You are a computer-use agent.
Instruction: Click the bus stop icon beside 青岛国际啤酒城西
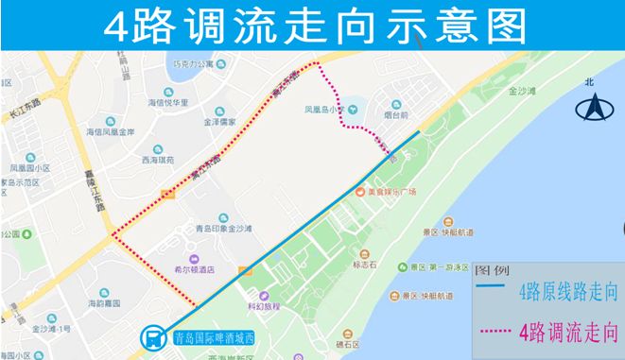tap(151, 336)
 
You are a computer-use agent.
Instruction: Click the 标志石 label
tap(364, 266)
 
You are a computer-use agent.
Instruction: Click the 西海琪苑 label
tap(161, 161)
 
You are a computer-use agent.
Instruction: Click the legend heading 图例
tap(494, 269)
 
